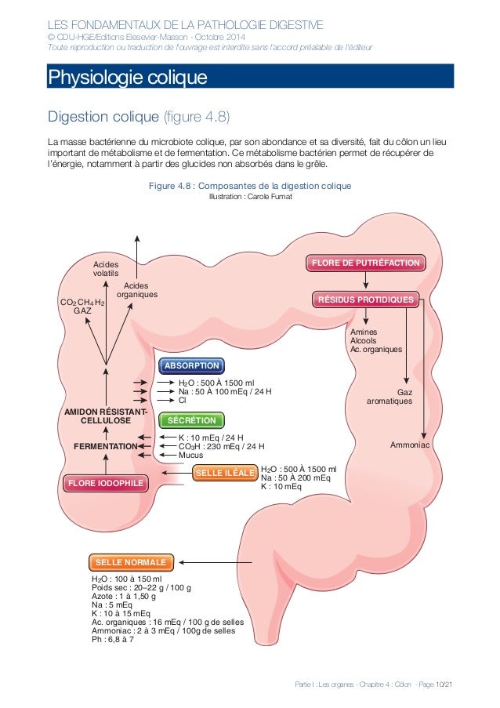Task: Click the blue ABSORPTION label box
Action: (192, 365)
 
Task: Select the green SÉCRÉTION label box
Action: (191, 420)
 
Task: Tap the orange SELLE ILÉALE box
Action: (224, 473)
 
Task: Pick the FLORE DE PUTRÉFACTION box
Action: (367, 263)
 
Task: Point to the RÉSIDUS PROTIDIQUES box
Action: (365, 300)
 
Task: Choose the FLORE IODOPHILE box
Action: (105, 483)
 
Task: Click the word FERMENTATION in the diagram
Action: (105, 446)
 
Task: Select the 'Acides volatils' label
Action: (106, 269)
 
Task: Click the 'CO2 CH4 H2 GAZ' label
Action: (82, 307)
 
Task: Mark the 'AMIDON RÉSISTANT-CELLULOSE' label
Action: (104, 417)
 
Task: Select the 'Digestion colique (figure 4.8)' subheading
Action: (139, 118)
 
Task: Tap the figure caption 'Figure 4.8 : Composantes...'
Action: (250, 186)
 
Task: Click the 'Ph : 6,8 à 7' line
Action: (113, 640)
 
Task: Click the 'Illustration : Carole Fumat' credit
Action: (249, 197)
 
